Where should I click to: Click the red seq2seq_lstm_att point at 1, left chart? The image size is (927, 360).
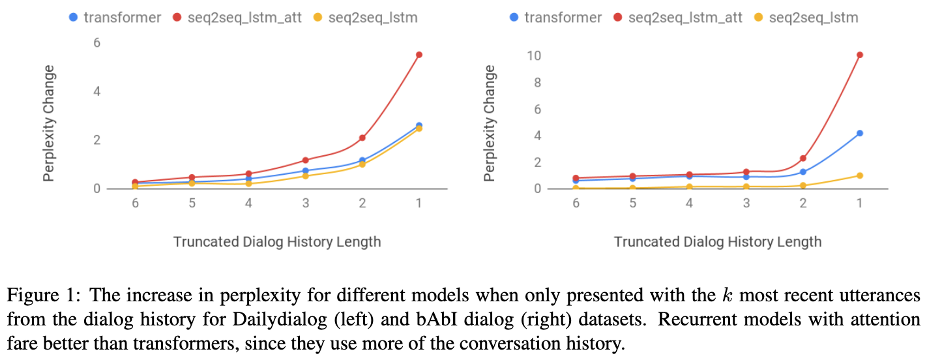tap(419, 55)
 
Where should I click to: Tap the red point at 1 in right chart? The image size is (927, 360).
tap(859, 55)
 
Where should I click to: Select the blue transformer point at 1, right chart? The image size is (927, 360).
tap(859, 133)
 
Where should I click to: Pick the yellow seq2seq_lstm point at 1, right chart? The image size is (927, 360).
tap(859, 175)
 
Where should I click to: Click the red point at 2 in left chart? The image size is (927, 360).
tap(362, 138)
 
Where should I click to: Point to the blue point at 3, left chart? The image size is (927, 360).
tap(305, 171)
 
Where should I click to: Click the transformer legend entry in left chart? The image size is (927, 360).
tap(115, 18)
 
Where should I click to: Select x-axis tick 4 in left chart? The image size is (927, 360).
tap(248, 203)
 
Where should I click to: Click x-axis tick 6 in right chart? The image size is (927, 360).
tap(576, 203)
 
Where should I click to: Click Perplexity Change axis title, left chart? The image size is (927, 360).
tap(49, 123)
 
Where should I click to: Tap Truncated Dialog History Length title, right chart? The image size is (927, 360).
tap(717, 242)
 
